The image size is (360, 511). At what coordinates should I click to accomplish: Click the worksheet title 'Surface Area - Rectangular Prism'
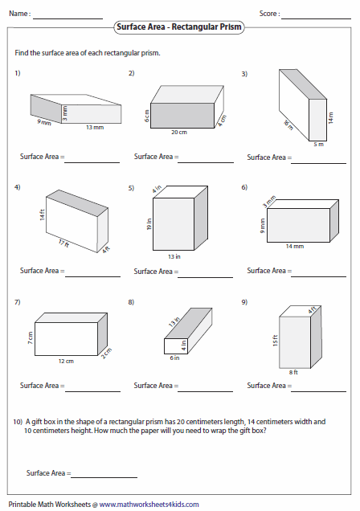[x=179, y=27]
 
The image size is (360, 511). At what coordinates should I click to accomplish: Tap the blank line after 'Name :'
[x=67, y=19]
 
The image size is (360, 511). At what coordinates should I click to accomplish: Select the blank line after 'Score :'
[x=316, y=19]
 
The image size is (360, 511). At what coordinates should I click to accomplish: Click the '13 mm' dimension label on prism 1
[x=95, y=128]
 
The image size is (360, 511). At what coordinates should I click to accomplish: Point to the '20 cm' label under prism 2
[x=179, y=133]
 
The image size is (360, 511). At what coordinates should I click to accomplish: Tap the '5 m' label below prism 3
[x=319, y=144]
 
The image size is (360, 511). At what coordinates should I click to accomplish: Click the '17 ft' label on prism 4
[x=63, y=243]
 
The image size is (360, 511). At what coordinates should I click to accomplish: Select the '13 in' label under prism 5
[x=174, y=257]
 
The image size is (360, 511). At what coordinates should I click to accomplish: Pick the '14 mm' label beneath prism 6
[x=295, y=247]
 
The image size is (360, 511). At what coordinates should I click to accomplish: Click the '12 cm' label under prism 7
[x=66, y=361]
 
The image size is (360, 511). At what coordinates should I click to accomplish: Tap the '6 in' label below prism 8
[x=174, y=358]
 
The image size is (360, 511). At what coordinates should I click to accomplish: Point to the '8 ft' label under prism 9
[x=293, y=372]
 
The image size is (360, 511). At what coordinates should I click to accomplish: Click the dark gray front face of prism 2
[x=182, y=116]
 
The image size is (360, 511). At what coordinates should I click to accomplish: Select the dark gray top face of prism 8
[x=188, y=324]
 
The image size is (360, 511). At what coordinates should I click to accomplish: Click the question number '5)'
[x=131, y=188]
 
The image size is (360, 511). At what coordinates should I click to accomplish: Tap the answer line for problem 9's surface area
[x=319, y=391]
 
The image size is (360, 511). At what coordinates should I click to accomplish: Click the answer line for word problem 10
[x=104, y=478]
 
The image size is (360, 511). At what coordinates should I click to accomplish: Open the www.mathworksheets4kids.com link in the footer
[x=149, y=505]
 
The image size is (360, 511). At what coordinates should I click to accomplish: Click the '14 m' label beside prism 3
[x=331, y=118]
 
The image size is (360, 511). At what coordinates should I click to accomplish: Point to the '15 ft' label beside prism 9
[x=276, y=340]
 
